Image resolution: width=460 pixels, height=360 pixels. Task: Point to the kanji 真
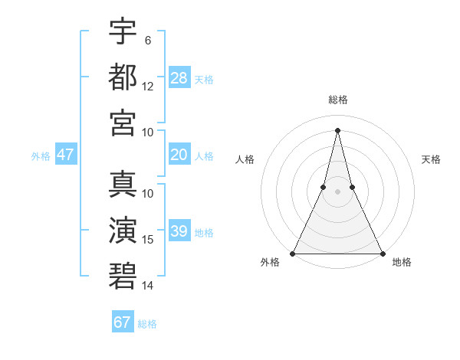(123, 184)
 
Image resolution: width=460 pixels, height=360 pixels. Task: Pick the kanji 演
(123, 230)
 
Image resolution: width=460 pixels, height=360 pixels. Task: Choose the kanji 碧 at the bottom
(123, 276)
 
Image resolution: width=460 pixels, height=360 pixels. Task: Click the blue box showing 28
(179, 78)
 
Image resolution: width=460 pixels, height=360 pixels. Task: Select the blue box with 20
(179, 155)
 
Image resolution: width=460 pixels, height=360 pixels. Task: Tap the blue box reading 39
(179, 231)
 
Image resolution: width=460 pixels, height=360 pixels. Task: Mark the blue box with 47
(66, 155)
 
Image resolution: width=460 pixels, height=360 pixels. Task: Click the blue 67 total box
(123, 322)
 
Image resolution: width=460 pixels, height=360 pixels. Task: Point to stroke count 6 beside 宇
(147, 40)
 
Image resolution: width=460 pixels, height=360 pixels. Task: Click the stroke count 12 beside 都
(148, 87)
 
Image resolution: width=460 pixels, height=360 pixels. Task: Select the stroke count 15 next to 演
(148, 240)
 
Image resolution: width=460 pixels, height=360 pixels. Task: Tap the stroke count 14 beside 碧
(148, 286)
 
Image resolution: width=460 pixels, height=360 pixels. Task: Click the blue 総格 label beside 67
(148, 324)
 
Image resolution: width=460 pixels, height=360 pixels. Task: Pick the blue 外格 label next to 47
(41, 156)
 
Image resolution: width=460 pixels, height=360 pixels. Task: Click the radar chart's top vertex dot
(337, 129)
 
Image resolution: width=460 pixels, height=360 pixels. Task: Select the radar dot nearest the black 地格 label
(382, 254)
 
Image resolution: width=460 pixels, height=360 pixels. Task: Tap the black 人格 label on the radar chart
(245, 159)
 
